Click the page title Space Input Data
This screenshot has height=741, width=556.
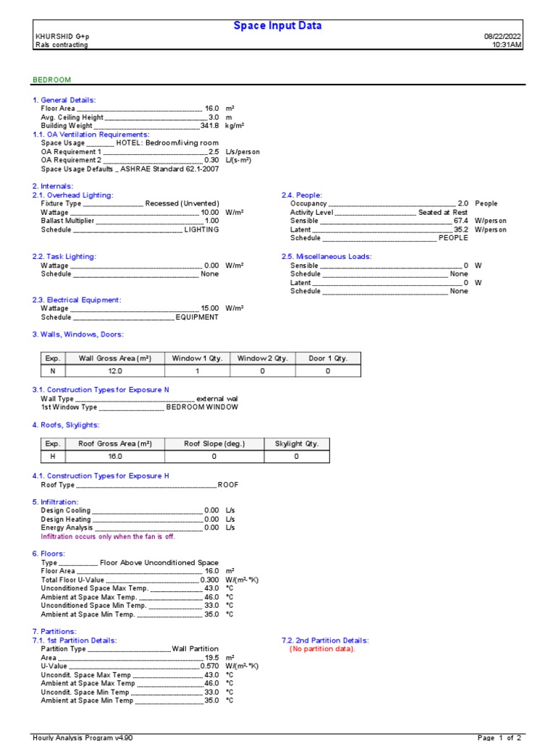(x=277, y=26)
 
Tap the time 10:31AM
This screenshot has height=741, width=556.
(x=507, y=45)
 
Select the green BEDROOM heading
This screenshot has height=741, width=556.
(x=51, y=80)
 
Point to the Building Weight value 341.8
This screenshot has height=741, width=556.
(x=209, y=126)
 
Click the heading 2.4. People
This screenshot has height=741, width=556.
(x=302, y=195)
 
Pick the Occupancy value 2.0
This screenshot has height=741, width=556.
(x=463, y=204)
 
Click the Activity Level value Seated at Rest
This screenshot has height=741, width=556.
(x=442, y=213)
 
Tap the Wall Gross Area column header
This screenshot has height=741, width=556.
(x=114, y=358)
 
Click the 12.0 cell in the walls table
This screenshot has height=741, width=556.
(x=114, y=371)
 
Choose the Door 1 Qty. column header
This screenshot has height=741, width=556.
(x=327, y=358)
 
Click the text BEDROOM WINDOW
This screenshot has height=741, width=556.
(x=202, y=407)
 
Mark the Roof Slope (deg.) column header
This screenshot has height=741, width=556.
(x=214, y=444)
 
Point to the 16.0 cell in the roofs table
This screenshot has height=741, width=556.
(x=114, y=457)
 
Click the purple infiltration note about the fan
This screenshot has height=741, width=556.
(x=108, y=537)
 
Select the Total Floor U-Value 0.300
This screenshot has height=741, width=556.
(x=209, y=580)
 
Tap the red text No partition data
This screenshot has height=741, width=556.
(x=323, y=649)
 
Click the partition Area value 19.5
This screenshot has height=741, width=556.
(x=211, y=658)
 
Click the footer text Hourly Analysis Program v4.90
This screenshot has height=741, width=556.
(x=83, y=737)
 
